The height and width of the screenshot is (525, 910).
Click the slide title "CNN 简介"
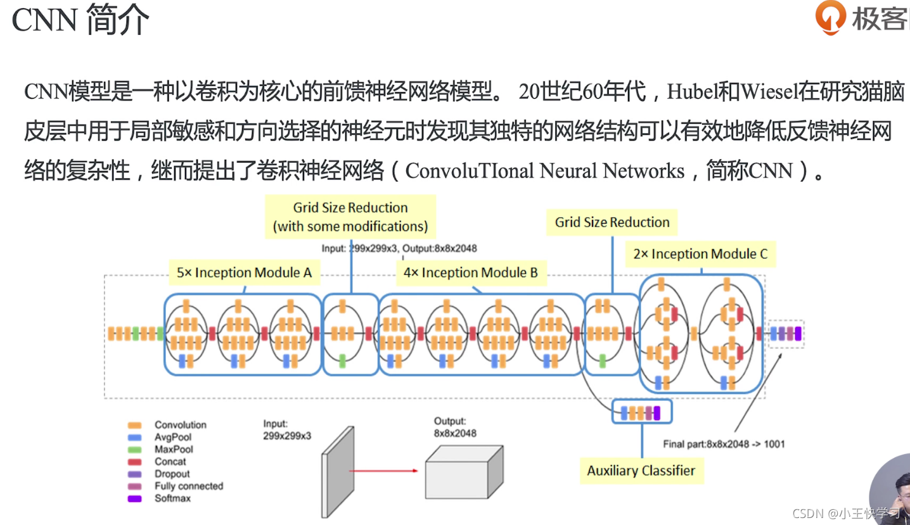point(80,20)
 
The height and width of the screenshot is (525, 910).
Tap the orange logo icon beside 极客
point(831,17)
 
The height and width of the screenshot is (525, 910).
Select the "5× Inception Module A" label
point(244,272)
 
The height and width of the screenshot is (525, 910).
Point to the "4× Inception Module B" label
point(471,272)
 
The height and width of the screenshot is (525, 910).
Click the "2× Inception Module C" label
point(700,254)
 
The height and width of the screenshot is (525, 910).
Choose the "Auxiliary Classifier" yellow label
point(641,471)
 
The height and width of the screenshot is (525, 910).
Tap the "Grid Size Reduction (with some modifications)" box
point(350,217)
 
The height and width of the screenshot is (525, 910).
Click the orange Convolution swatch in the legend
point(134,425)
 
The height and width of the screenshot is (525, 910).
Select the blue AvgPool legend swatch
point(134,438)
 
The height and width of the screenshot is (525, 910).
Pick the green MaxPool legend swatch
point(134,450)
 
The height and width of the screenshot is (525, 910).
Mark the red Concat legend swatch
point(134,462)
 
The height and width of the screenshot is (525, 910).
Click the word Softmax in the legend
point(172,498)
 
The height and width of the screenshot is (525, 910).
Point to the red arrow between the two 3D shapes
point(383,471)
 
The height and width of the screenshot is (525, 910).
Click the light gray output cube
point(465,472)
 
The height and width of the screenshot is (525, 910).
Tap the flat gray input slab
point(338,472)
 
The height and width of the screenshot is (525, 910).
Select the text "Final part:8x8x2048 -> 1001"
point(724,444)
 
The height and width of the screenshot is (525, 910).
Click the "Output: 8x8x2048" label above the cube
point(455,427)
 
